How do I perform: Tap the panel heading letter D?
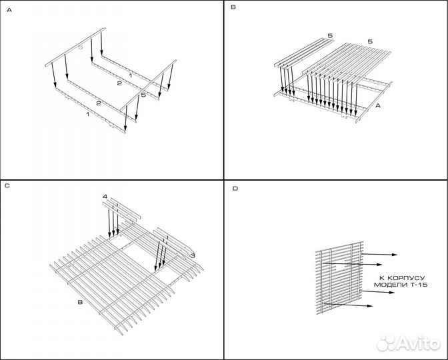(x=235, y=189)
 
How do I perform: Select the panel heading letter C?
(x=7, y=185)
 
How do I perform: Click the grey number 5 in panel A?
(x=81, y=48)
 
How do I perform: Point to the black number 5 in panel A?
(x=143, y=96)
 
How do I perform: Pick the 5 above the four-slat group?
(x=330, y=35)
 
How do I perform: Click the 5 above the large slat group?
(x=370, y=41)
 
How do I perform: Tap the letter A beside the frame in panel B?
(x=378, y=106)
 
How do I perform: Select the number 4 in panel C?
(x=105, y=197)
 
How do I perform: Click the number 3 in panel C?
(x=192, y=255)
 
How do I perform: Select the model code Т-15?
(x=419, y=285)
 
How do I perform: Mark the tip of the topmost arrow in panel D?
(x=398, y=254)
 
